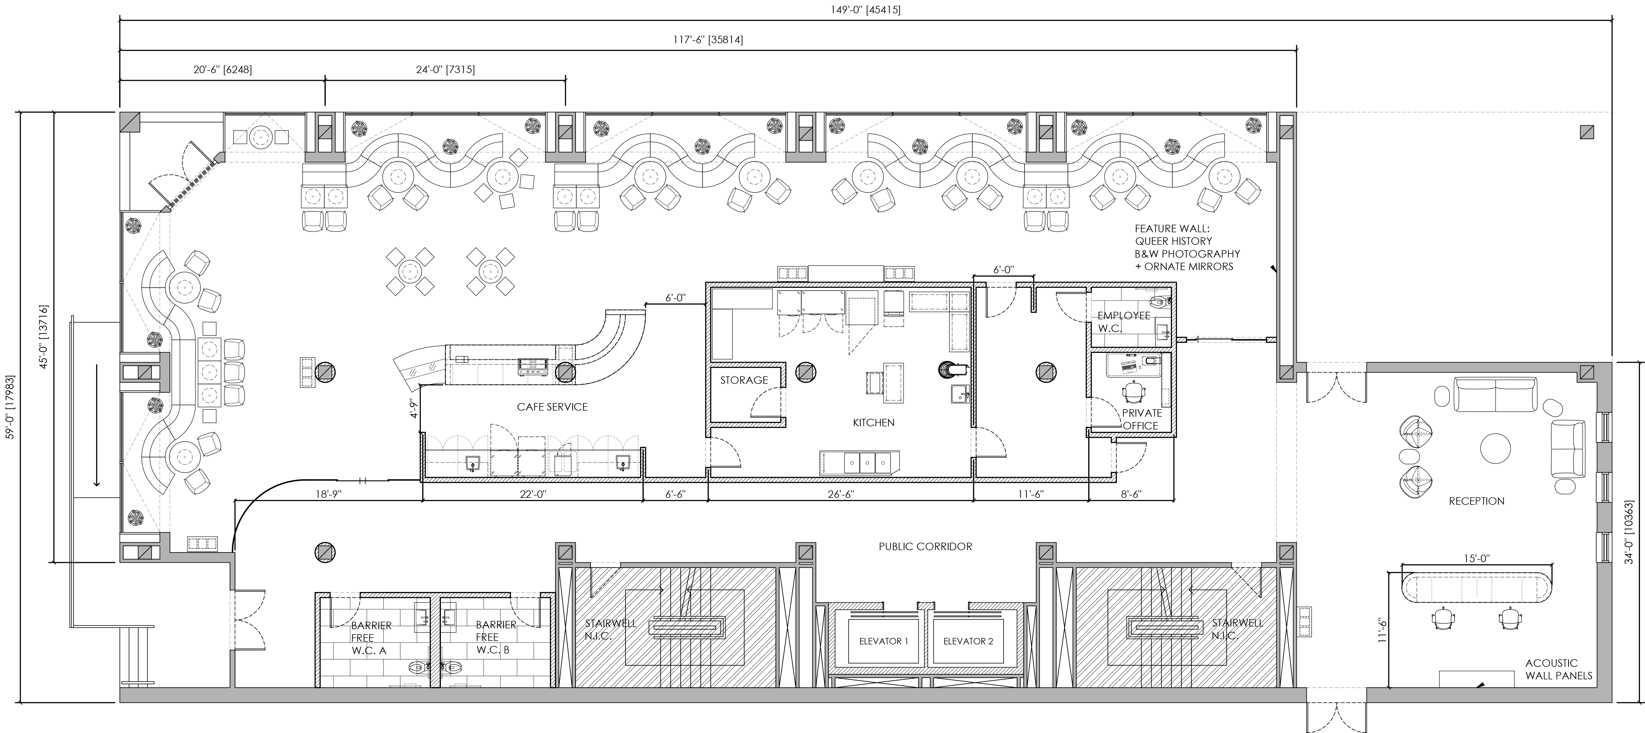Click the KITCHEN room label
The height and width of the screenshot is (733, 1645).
[x=874, y=423]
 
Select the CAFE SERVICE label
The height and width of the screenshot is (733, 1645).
[x=552, y=407]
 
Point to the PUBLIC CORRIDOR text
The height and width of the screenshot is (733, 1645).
[x=925, y=547]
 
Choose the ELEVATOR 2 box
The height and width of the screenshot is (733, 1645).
[x=968, y=641]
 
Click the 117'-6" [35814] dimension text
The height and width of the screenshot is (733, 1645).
[x=708, y=40]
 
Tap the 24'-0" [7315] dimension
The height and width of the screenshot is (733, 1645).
[x=445, y=70]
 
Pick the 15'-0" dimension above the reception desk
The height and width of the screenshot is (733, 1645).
[x=1476, y=559]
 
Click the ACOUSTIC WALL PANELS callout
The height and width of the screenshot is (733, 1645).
[x=1559, y=669]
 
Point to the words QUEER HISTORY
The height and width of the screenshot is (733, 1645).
[x=1173, y=241]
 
